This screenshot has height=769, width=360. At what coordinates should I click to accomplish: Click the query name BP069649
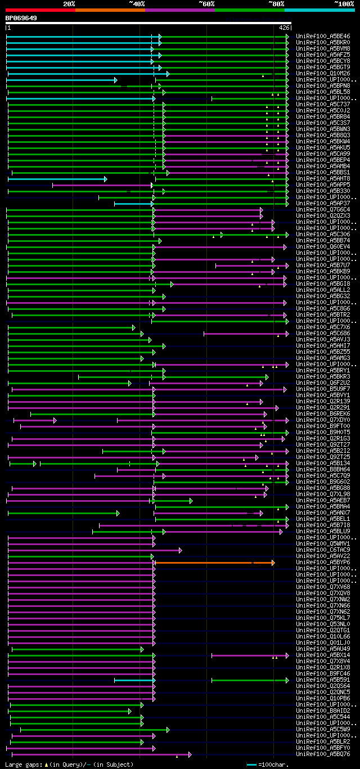21,18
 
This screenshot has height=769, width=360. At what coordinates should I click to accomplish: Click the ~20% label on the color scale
69,3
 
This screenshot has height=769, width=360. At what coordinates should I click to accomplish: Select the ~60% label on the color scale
206,3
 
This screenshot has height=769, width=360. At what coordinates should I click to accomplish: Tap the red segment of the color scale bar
40,10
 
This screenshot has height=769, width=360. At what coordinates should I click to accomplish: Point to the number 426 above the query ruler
284,27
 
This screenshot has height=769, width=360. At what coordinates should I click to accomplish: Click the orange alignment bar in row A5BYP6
214,562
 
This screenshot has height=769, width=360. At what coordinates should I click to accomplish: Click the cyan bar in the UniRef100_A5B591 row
134,680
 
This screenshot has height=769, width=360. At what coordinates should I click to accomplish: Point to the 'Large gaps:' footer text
23,764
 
